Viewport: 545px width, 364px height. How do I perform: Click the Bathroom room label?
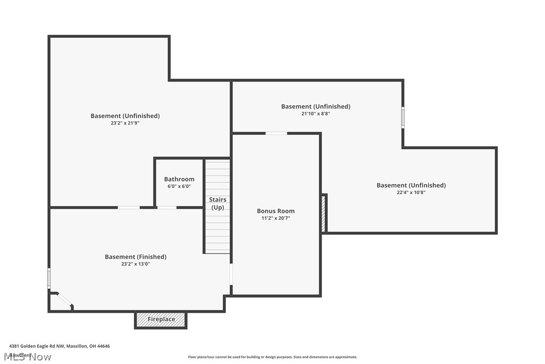pos(179,179)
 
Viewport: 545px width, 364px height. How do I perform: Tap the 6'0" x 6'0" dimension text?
pos(179,187)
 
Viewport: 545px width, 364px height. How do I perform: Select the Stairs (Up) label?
pos(217,204)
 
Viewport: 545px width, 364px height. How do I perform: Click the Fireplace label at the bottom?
pos(161,320)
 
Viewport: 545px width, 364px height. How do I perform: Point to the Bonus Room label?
pos(276,211)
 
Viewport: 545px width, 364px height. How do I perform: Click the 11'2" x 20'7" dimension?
pos(276,218)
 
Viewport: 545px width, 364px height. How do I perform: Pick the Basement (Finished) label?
pos(135,257)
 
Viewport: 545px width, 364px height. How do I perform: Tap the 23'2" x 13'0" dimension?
pos(135,264)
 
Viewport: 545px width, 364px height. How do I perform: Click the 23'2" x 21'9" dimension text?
pos(125,123)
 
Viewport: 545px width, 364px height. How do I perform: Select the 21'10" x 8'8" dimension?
pos(316,114)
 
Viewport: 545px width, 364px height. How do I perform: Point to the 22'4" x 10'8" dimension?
pos(411,192)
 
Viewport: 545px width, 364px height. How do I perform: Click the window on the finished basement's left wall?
pos(49,278)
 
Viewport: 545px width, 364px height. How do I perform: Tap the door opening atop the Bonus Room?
pos(276,133)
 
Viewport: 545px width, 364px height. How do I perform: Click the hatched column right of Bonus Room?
pos(324,213)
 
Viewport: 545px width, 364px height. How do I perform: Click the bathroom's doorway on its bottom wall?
pos(167,207)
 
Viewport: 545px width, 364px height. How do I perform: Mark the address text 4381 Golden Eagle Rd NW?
pos(59,346)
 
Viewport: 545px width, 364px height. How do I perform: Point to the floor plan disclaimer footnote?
pos(272,357)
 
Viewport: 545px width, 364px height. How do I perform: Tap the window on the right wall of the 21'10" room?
pos(402,117)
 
